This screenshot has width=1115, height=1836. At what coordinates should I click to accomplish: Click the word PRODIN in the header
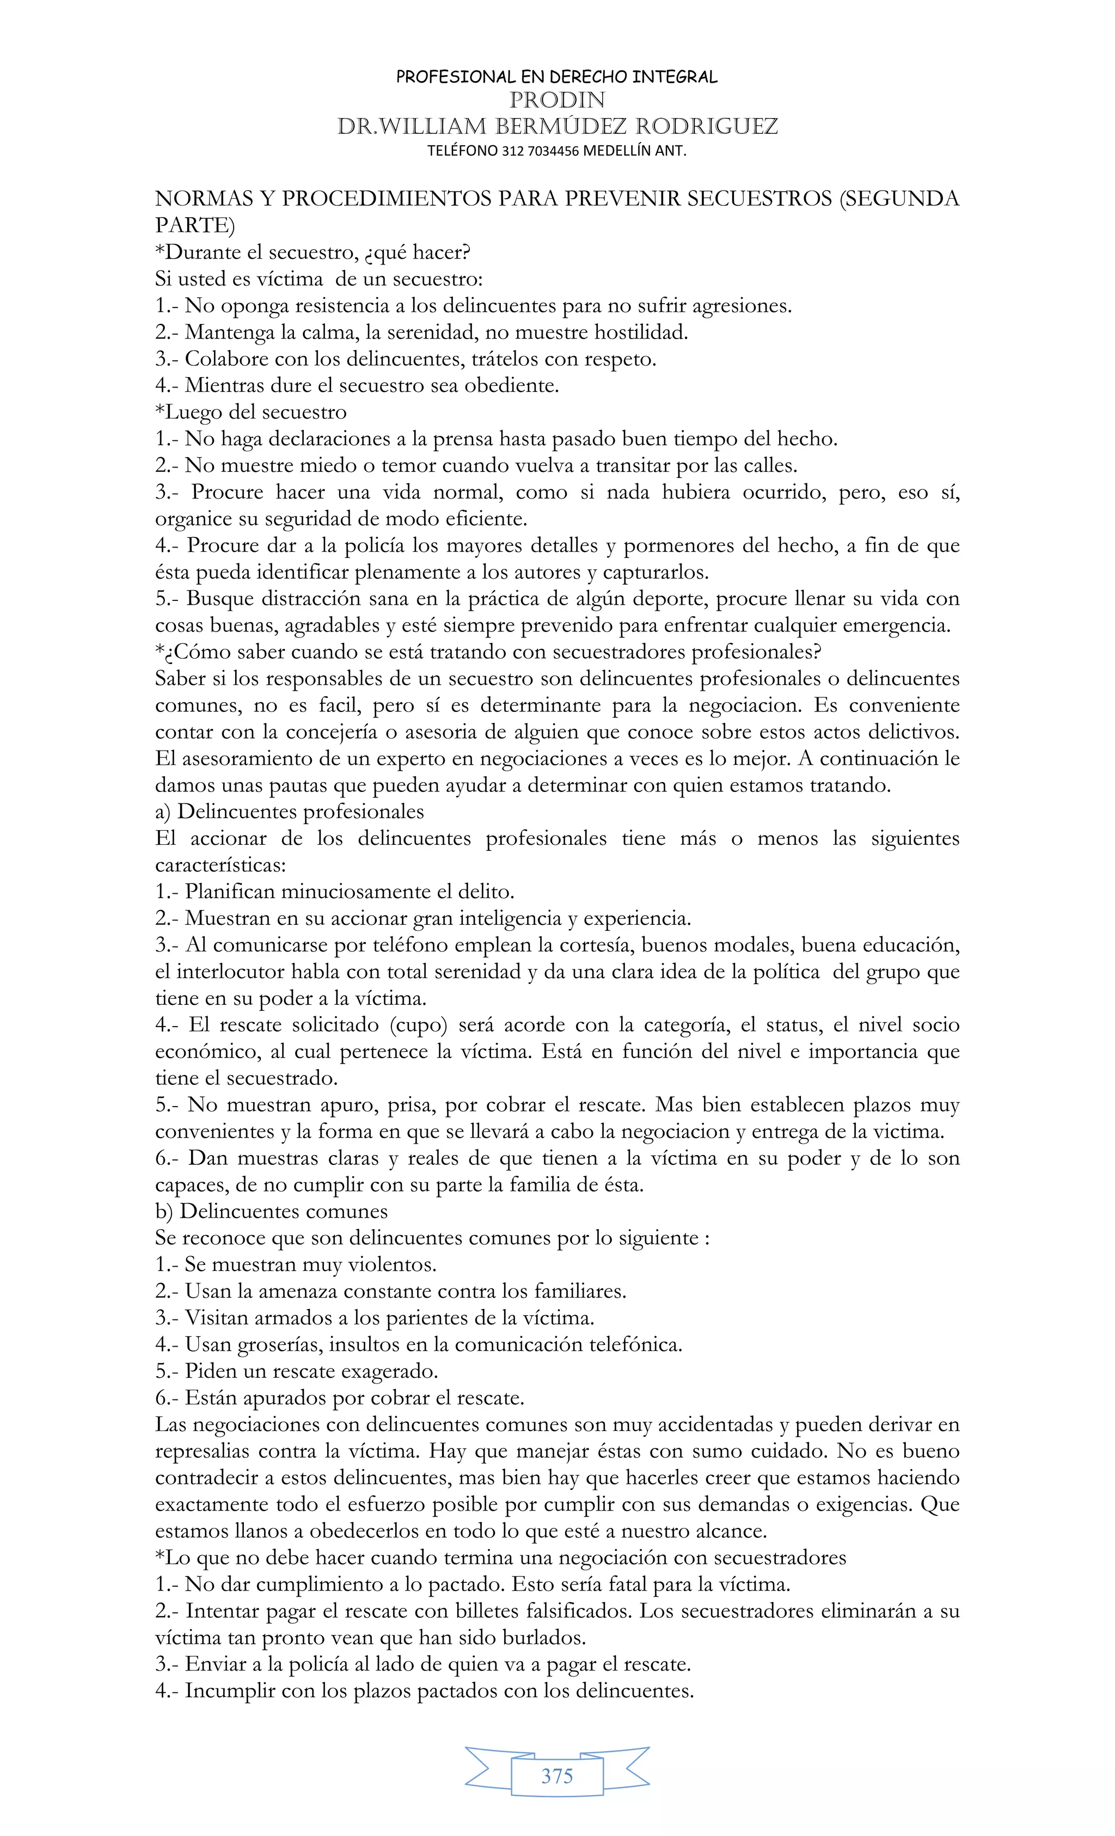click(x=557, y=100)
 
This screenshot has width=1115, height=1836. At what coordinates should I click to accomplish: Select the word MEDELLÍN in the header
click(x=617, y=151)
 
